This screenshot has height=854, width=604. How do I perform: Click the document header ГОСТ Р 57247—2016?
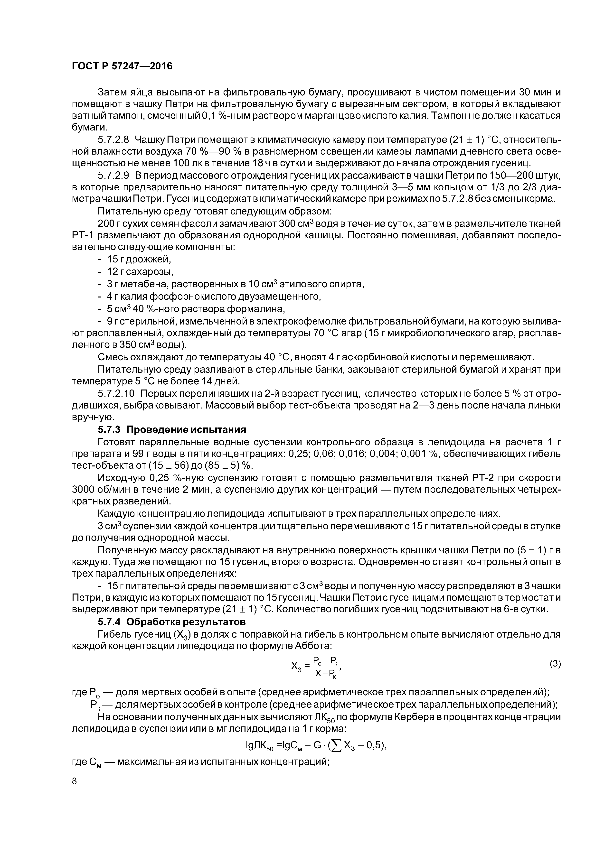[x=122, y=66]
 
